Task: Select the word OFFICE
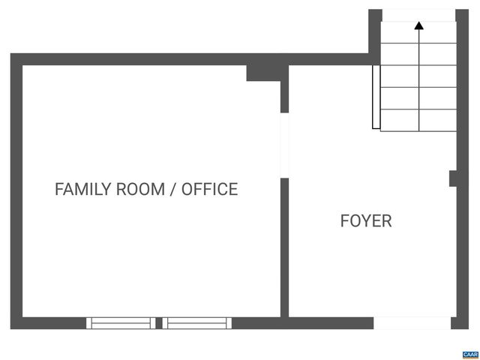tap(209, 189)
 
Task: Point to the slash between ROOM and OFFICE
tap(174, 189)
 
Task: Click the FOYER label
tap(366, 221)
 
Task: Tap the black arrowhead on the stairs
tap(418, 25)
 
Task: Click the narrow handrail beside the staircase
tap(374, 97)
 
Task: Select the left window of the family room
tap(121, 323)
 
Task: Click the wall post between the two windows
tap(159, 323)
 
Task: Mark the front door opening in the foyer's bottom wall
tap(412, 323)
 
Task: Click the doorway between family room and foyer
tap(284, 145)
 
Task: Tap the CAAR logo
tap(470, 353)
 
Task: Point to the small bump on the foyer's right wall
tap(453, 178)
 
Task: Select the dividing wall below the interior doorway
tap(284, 247)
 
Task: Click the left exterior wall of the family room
tap(16, 191)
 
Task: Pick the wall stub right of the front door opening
tap(460, 323)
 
